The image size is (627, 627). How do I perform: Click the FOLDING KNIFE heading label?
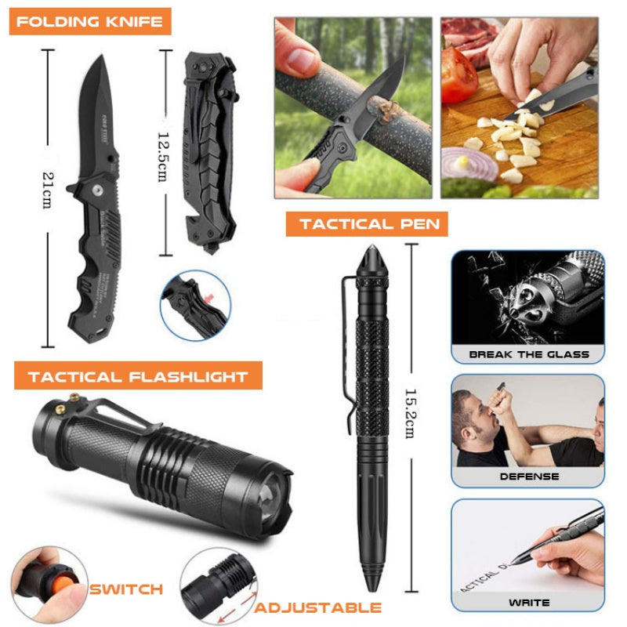90,21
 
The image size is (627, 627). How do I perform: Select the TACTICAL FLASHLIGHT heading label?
138,377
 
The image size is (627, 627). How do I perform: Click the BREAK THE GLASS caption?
528,354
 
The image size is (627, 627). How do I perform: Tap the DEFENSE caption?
529,476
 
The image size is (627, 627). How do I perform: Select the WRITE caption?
528,602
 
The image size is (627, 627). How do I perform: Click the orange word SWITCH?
125,589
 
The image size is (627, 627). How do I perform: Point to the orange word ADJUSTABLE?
318,607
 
